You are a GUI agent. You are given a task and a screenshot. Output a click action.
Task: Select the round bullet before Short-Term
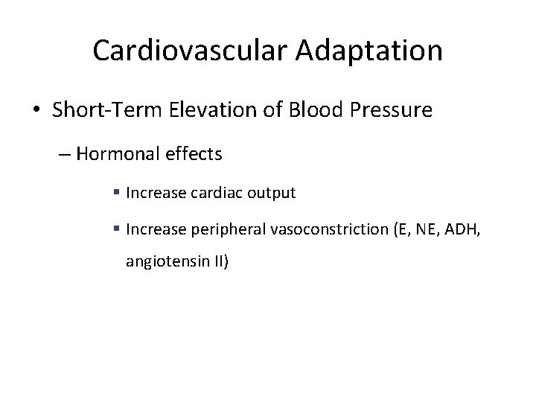click(x=38, y=112)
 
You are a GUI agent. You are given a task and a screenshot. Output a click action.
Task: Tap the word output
click(x=270, y=194)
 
